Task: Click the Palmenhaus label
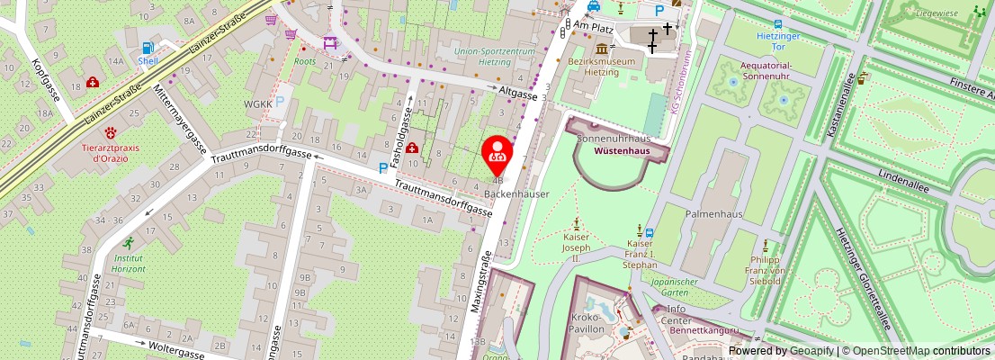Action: point(712,216)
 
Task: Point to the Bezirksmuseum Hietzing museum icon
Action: point(600,48)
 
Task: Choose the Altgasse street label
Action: point(517,93)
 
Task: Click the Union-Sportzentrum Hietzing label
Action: point(496,57)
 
